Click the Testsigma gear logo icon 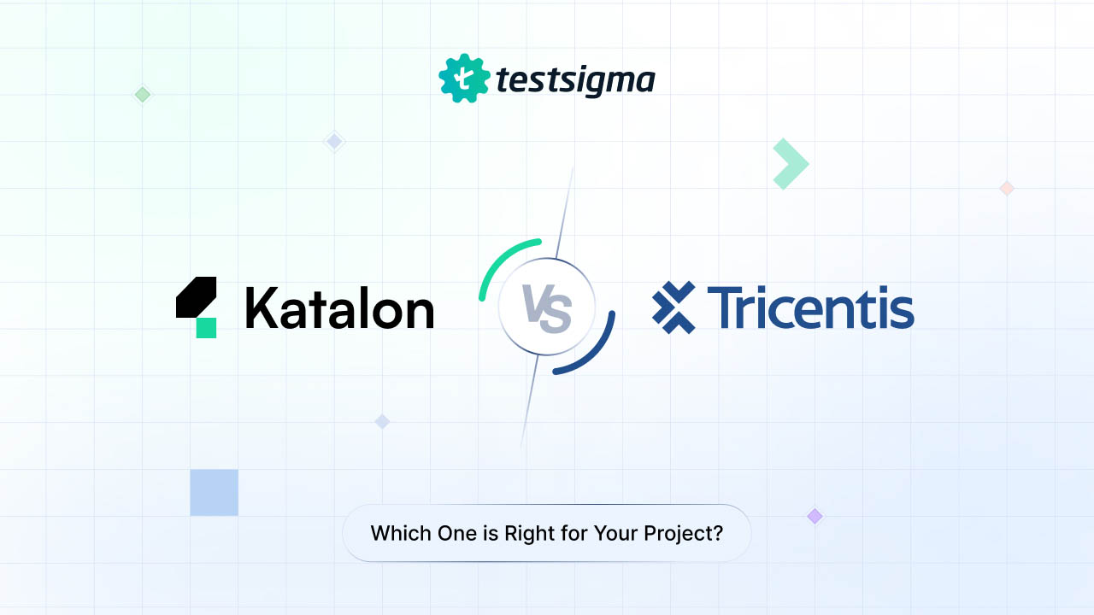coord(463,79)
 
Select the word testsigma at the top coord(575,80)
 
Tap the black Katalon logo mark coord(195,297)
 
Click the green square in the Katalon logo coord(206,327)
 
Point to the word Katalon coord(339,308)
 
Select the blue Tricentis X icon coord(673,307)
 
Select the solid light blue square coord(214,493)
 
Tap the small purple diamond coord(815,516)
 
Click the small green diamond coord(143,95)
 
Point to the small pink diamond coord(1007,188)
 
